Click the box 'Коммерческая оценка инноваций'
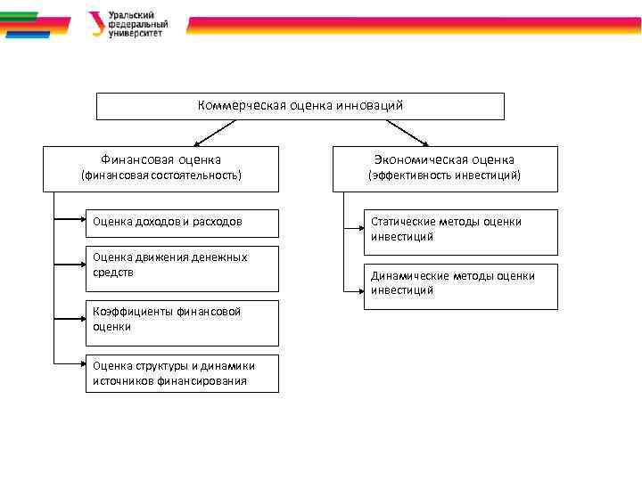[x=300, y=106]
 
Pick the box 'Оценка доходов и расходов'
[x=182, y=222]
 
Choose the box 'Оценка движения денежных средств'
[x=182, y=268]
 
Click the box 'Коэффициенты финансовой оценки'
[x=182, y=322]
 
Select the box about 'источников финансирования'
[x=182, y=373]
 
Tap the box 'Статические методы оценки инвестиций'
[x=460, y=232]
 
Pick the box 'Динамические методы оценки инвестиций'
[x=460, y=286]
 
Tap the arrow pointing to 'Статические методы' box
[x=354, y=230]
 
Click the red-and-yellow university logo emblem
[x=96, y=23]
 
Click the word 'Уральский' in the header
[x=131, y=15]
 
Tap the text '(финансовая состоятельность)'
[x=161, y=175]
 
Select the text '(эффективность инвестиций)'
[x=444, y=175]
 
